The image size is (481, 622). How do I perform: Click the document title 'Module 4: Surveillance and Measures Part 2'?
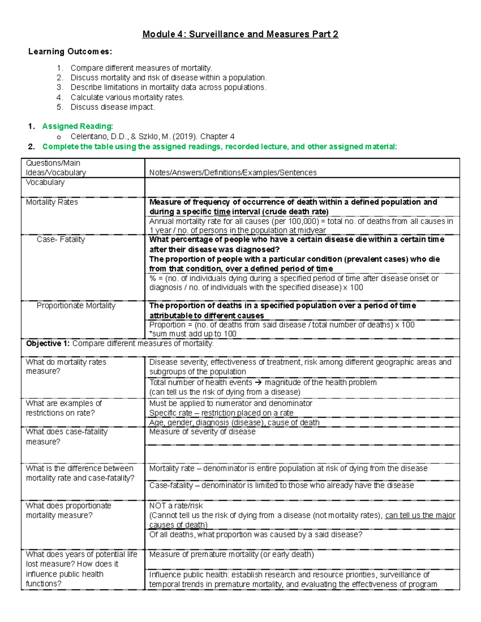(x=240, y=34)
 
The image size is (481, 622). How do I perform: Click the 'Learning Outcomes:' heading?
(x=70, y=52)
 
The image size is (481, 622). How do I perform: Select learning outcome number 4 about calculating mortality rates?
(x=127, y=97)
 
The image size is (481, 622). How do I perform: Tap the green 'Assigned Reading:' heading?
(x=77, y=126)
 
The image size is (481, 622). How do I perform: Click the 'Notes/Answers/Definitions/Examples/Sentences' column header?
(x=232, y=173)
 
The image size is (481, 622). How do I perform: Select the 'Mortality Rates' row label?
(x=52, y=202)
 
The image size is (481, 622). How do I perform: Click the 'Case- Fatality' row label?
(x=61, y=240)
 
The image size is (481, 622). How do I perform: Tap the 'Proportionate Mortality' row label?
(x=76, y=306)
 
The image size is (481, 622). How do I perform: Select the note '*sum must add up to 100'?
(x=193, y=334)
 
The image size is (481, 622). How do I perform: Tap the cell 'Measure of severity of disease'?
(x=202, y=432)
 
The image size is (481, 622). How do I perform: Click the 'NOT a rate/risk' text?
(x=176, y=506)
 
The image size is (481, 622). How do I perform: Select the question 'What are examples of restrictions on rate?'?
(x=64, y=408)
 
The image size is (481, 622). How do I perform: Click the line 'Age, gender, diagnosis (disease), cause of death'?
(x=234, y=423)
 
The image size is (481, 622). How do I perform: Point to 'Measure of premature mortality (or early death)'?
(x=231, y=554)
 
